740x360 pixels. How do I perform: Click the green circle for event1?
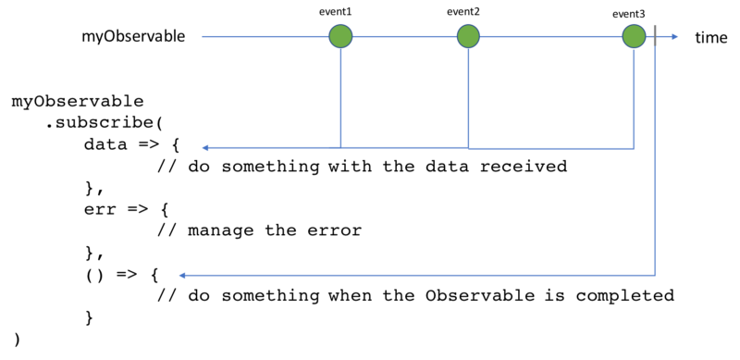click(x=340, y=36)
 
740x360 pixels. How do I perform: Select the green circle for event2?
click(x=468, y=36)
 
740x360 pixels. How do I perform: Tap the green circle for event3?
click(x=634, y=36)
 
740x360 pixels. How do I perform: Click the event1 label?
click(x=336, y=12)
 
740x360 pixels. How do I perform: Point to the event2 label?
click(x=463, y=12)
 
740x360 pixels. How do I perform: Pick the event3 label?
click(x=629, y=14)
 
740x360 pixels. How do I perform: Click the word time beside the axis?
click(x=710, y=37)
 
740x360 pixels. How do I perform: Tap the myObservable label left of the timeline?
click(x=133, y=37)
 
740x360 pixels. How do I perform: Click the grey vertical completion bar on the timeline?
click(x=655, y=36)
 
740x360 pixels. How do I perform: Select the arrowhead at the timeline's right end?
click(x=675, y=36)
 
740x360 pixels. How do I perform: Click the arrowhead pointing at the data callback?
click(x=205, y=148)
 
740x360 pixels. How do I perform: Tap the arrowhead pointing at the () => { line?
click(x=182, y=276)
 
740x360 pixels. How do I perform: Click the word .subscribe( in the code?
click(x=104, y=123)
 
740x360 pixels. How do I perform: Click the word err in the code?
click(x=100, y=209)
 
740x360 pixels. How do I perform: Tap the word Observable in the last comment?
click(x=480, y=295)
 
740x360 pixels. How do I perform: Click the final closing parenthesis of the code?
click(x=18, y=340)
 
